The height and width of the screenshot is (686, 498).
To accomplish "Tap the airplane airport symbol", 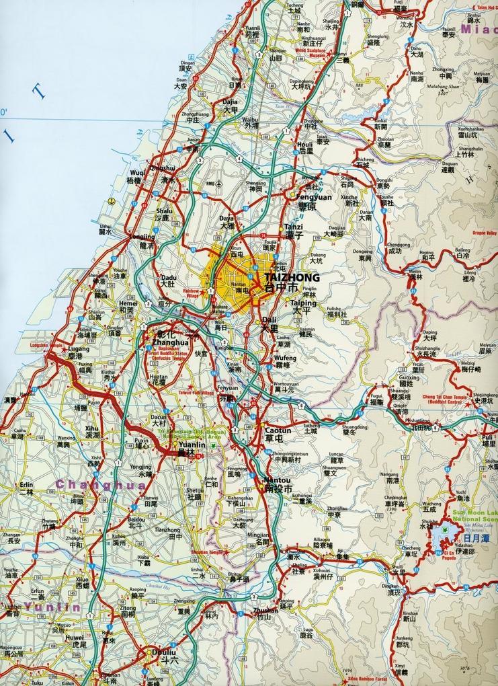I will (218, 184).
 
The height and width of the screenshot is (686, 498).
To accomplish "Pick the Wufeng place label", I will (285, 358).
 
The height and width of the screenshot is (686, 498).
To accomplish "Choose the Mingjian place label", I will (258, 534).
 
